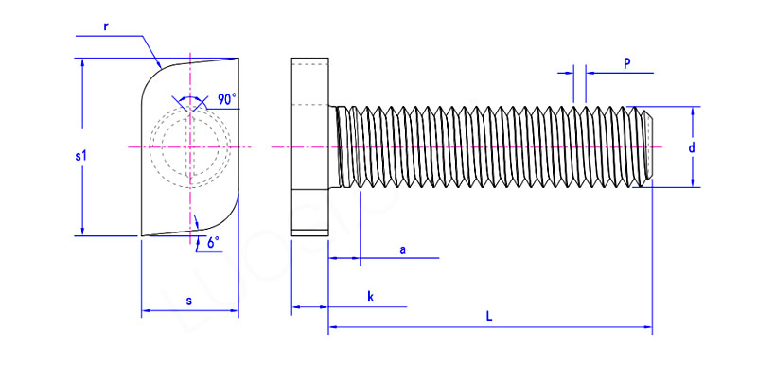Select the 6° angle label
(x=213, y=243)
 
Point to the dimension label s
(x=188, y=301)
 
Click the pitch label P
(x=627, y=62)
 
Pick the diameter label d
(x=692, y=148)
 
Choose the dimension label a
(x=403, y=249)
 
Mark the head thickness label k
(x=370, y=298)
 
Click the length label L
(x=488, y=318)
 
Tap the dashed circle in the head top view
(x=188, y=147)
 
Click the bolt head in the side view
(x=309, y=147)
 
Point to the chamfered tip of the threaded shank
(x=649, y=147)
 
